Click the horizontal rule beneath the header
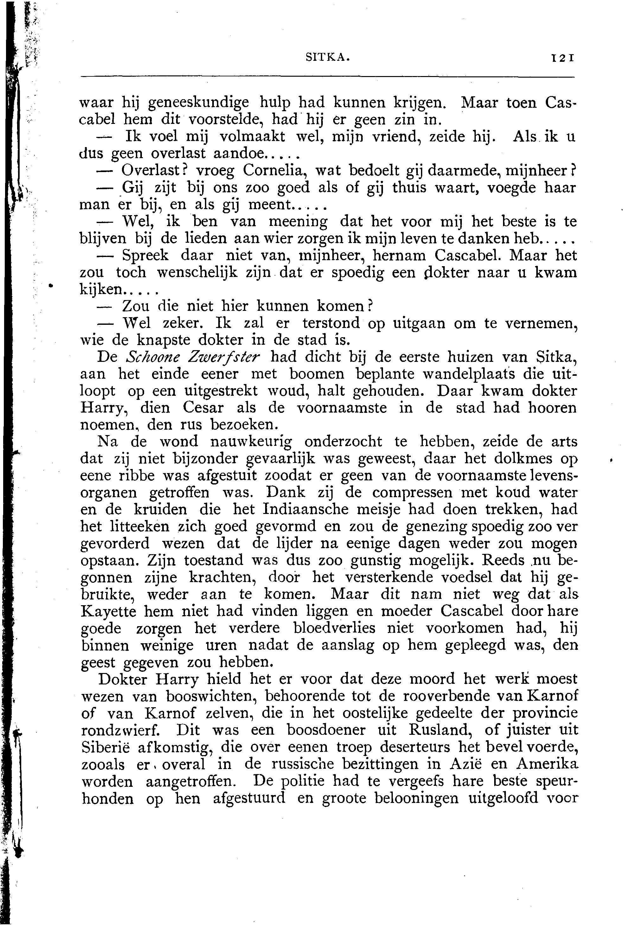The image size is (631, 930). [327, 77]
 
